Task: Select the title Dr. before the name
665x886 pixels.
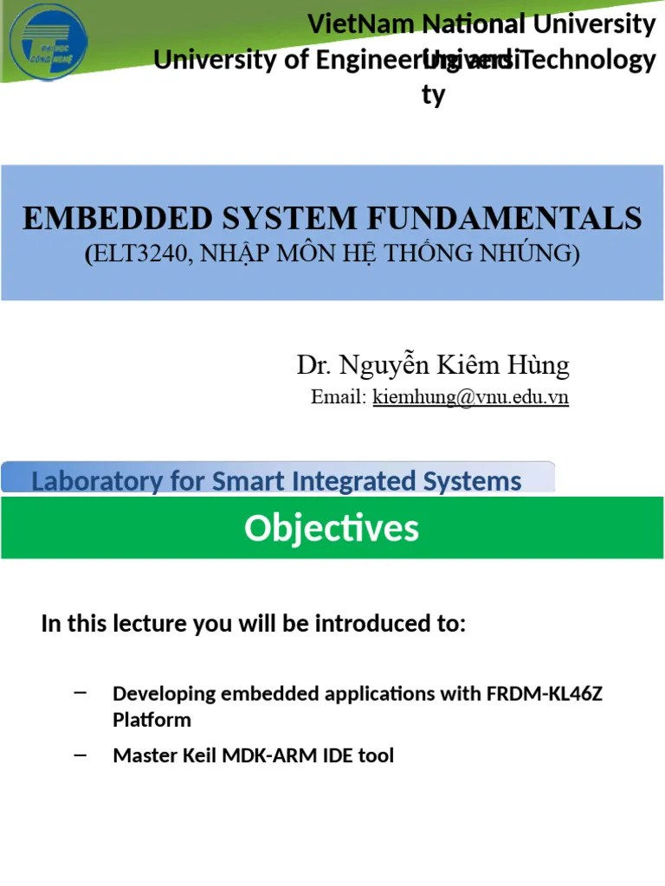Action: point(314,366)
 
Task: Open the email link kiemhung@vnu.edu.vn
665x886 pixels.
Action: point(470,397)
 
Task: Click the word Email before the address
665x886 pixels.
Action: point(339,397)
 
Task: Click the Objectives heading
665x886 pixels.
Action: point(332,528)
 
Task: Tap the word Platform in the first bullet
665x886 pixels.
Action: point(152,720)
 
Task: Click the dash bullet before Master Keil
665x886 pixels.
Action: point(81,755)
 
